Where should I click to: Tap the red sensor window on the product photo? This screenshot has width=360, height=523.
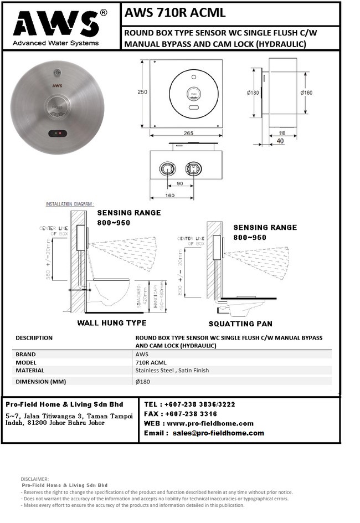[58, 133]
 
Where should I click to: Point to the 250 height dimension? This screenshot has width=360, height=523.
[142, 92]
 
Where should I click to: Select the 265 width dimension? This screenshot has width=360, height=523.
[187, 133]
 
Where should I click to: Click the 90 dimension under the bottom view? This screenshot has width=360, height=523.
[179, 183]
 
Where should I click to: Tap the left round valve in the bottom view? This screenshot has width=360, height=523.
[166, 168]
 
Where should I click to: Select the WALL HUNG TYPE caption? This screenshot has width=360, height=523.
[112, 323]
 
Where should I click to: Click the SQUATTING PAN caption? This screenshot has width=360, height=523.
[241, 324]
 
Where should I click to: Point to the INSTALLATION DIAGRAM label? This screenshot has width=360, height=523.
[69, 204]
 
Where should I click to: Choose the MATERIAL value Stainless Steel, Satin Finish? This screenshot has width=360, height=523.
[172, 371]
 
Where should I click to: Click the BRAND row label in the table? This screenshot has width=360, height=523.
[25, 355]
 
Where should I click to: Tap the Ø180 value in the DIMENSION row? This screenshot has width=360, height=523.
[143, 381]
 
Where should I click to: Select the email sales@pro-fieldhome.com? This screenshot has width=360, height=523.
[218, 433]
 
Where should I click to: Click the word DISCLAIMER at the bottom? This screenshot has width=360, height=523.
[34, 479]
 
